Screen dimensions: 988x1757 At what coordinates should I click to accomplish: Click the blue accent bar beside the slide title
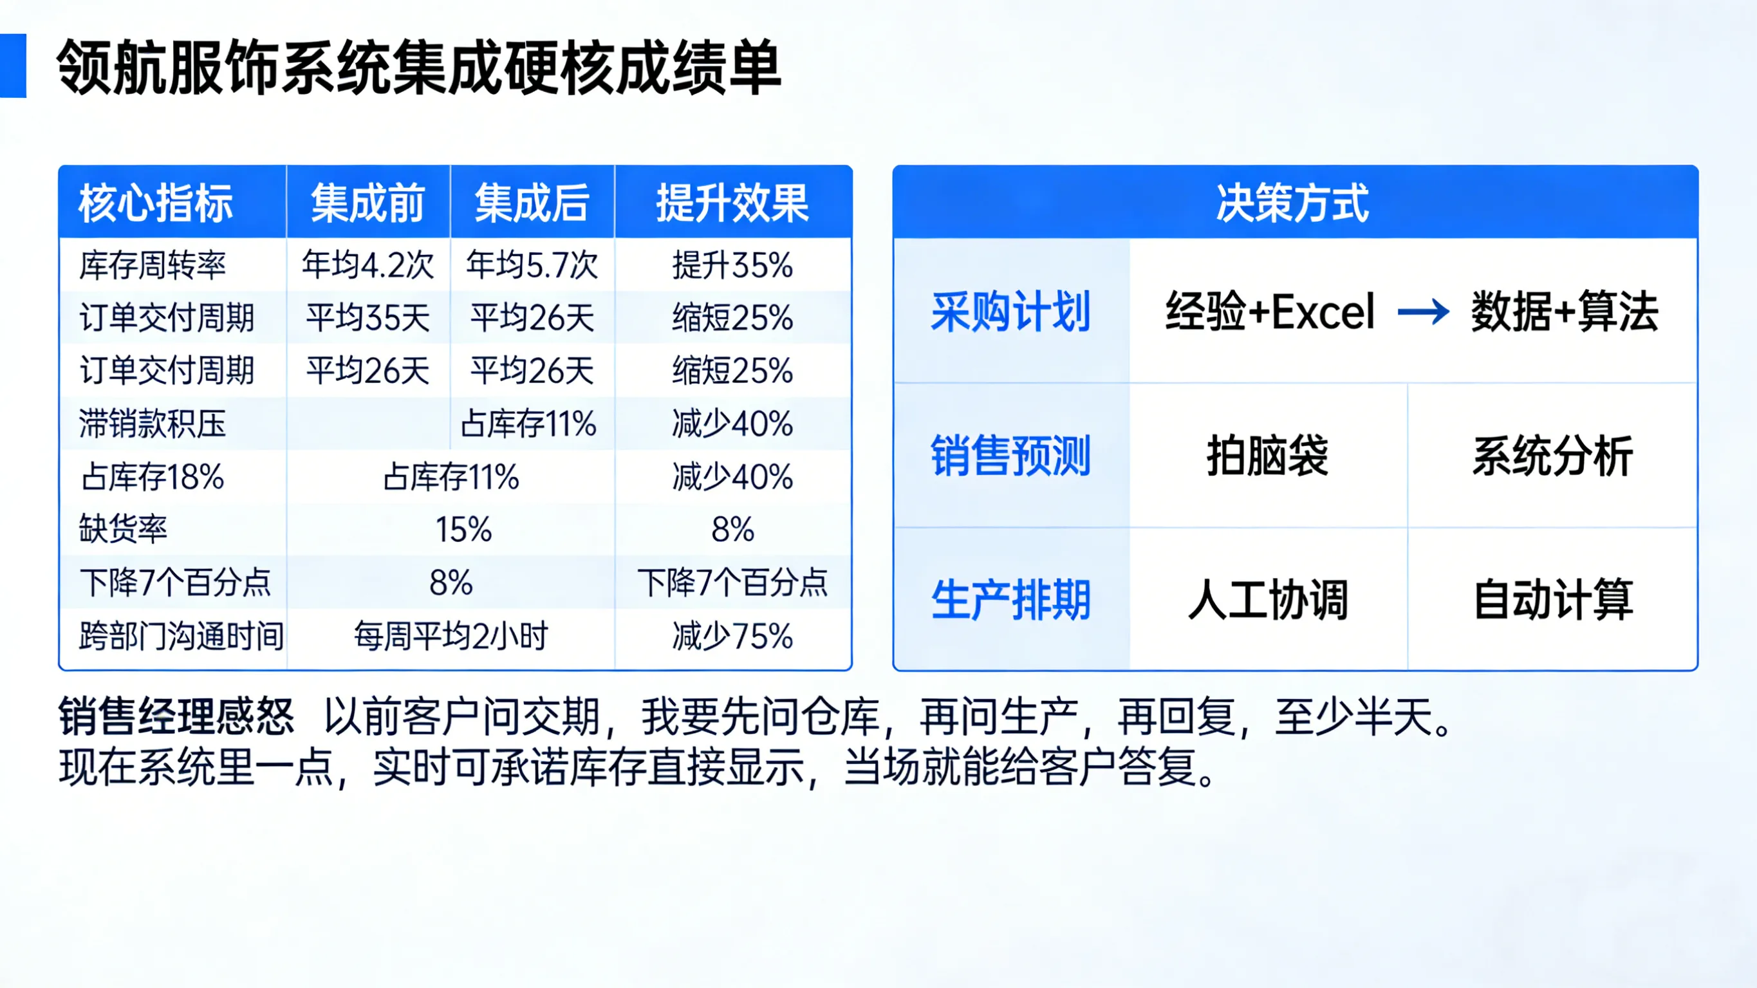tap(12, 66)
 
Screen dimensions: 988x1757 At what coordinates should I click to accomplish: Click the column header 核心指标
tap(156, 203)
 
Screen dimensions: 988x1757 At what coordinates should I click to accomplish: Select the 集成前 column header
tap(367, 203)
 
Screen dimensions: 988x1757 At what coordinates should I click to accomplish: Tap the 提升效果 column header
tap(732, 203)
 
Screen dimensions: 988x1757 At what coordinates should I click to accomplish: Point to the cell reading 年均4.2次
tap(367, 265)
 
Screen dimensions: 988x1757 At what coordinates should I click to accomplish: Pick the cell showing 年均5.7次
tap(532, 265)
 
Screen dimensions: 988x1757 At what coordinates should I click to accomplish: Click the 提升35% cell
tap(732, 265)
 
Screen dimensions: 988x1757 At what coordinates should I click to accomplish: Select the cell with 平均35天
tap(367, 318)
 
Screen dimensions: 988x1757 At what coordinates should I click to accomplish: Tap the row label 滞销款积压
tap(152, 424)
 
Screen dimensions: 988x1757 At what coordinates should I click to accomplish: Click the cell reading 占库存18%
tap(152, 476)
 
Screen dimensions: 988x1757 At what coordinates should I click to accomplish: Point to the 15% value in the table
tap(464, 530)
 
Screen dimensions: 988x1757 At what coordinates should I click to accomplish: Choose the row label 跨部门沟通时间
tap(181, 636)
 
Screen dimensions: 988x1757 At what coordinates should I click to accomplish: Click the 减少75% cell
tap(732, 636)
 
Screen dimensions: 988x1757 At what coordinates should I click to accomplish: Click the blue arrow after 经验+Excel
tap(1423, 312)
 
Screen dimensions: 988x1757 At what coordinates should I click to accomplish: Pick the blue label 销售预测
tap(1011, 455)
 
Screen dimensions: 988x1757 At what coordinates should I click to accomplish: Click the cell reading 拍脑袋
tap(1267, 455)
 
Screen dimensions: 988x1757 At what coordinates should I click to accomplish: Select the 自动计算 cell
tap(1553, 600)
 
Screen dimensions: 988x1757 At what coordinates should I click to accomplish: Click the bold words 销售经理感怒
tap(176, 716)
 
